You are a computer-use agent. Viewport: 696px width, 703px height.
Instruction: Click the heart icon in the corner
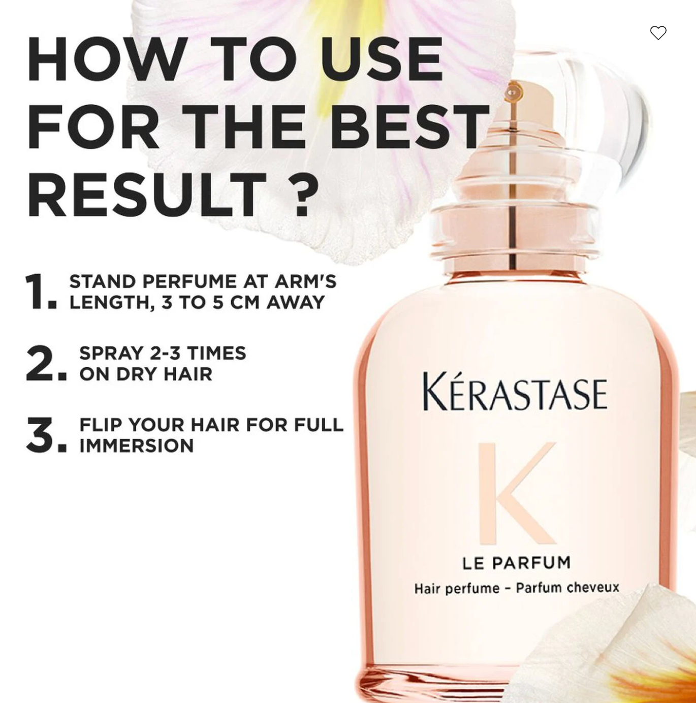pos(658,33)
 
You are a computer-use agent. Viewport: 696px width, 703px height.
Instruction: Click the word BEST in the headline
pos(409,126)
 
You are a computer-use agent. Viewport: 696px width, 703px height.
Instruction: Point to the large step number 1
pos(41,292)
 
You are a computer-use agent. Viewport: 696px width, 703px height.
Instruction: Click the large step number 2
pos(46,363)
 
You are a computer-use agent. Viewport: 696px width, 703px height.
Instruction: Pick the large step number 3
pos(46,435)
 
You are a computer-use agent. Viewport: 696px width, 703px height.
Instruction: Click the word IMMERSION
pos(137,446)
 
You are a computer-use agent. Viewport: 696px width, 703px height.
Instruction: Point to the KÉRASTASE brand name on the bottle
pos(515,392)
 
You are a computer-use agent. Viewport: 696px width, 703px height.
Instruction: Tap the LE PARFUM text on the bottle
pos(517,563)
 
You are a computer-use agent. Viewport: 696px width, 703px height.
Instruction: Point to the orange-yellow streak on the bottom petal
pos(653,679)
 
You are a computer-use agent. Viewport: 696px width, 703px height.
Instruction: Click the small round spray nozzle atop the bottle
pos(513,93)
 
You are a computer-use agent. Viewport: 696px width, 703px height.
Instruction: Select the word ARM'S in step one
pos(305,281)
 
